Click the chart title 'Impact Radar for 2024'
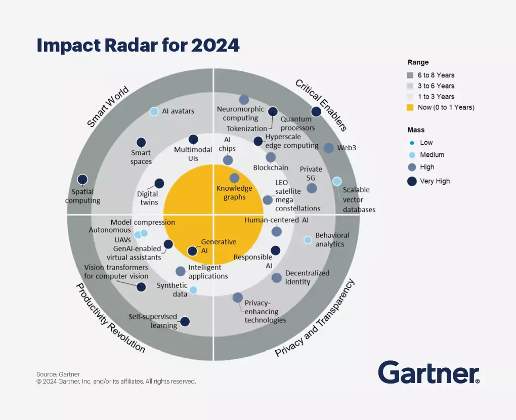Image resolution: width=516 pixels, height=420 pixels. point(138,46)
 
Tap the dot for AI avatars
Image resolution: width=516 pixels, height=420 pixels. point(154,111)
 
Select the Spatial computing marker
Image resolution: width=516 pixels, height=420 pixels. point(82,179)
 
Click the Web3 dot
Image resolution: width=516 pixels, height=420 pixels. point(328,148)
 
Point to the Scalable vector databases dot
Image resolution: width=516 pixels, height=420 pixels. point(336,181)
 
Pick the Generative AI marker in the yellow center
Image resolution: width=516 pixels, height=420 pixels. point(192,250)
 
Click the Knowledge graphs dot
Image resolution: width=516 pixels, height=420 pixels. point(234,178)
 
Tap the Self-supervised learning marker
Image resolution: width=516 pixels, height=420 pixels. point(185,321)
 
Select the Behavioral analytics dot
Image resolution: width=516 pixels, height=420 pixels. point(308,240)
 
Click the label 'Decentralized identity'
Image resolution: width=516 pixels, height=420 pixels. point(307,277)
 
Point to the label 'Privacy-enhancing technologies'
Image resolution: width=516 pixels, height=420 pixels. point(265,312)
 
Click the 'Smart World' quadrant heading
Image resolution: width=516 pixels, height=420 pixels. point(108,107)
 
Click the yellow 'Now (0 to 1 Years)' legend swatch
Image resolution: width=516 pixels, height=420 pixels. point(410,107)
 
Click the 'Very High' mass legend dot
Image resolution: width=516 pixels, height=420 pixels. point(412,181)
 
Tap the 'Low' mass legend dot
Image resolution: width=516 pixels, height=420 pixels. point(412,143)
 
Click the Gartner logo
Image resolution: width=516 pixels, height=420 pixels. point(428,373)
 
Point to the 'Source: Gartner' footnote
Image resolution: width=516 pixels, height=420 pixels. point(58,374)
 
